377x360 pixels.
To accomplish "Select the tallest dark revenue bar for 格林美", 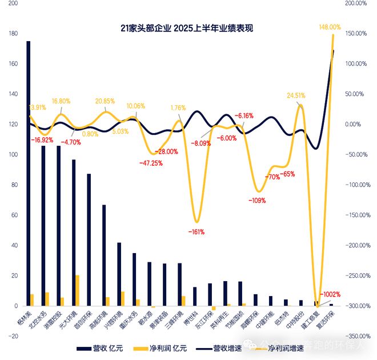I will point(29,171).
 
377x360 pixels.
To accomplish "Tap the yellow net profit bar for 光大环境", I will point(78,291).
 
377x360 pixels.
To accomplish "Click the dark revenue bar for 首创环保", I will point(89,240).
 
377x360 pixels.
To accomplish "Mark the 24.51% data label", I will point(298,95).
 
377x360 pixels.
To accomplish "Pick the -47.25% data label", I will point(151,163).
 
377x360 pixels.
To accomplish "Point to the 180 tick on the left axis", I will point(13,34).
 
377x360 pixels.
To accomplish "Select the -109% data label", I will point(257,201).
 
